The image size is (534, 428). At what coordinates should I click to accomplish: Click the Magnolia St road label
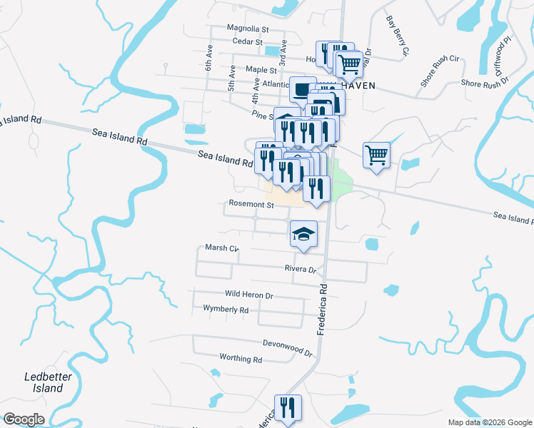point(247,29)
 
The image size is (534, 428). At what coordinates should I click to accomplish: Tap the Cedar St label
point(249,43)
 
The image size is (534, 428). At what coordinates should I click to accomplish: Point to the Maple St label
point(261,70)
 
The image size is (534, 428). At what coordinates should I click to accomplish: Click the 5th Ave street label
point(232,78)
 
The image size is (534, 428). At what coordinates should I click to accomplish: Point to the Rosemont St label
point(251,204)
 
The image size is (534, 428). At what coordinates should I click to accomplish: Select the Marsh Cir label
point(221,248)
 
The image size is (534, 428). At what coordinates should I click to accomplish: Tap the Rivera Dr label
point(300,270)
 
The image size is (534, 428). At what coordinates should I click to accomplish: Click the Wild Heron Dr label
point(249,295)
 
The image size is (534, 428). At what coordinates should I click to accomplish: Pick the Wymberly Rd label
point(226,310)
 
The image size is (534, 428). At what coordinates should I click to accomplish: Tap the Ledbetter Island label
point(44,382)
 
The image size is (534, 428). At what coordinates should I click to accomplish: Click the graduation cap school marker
point(303,234)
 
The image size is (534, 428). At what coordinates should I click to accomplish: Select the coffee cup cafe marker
point(303,91)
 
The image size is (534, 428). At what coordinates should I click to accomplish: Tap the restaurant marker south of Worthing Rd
point(288,409)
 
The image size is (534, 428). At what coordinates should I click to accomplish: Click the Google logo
point(24,419)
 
